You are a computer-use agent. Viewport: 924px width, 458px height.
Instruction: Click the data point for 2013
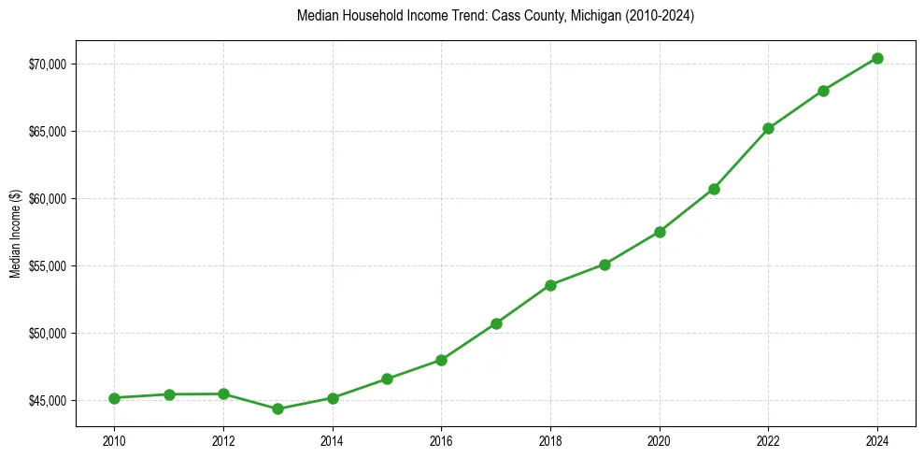[x=277, y=408]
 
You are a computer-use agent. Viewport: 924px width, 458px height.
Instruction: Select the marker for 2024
[x=877, y=58]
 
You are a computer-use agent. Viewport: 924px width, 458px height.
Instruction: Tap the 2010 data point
[x=114, y=398]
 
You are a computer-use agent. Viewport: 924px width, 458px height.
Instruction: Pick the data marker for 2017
[x=496, y=323]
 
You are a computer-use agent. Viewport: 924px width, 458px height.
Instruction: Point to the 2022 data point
[x=768, y=128]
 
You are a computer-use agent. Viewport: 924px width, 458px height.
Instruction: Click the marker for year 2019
[x=604, y=265]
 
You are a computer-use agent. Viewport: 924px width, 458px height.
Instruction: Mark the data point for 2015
[x=387, y=379]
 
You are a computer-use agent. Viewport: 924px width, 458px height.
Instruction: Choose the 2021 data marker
[x=714, y=189]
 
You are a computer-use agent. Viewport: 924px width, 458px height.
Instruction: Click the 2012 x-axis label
[x=223, y=439]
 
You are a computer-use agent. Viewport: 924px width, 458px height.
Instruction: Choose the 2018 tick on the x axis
[x=550, y=439]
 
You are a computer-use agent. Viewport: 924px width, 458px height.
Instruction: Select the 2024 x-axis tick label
[x=877, y=439]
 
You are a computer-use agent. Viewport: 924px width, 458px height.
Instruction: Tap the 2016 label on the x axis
[x=441, y=439]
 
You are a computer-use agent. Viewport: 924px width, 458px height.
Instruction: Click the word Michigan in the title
[x=594, y=16]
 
